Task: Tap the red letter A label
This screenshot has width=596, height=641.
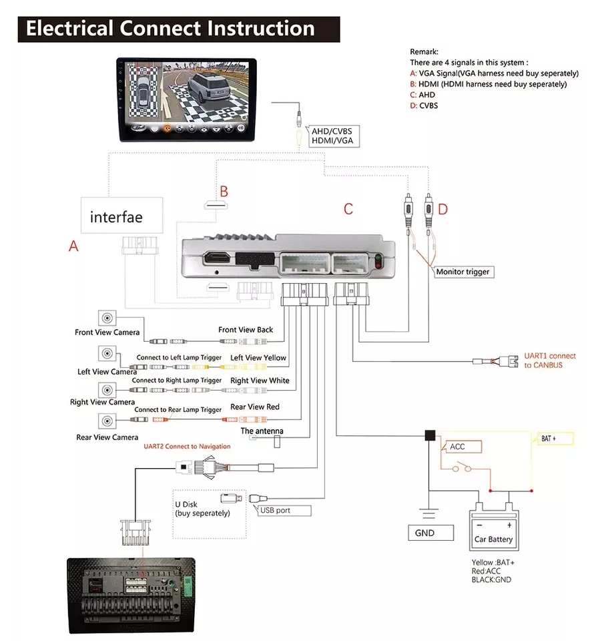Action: tap(73, 246)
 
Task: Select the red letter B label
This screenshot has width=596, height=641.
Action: tap(224, 192)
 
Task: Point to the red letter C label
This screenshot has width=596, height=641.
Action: tap(348, 209)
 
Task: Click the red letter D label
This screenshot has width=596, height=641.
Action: tap(442, 210)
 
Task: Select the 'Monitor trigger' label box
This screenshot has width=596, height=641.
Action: tap(463, 272)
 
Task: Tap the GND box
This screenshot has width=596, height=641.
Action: tap(424, 533)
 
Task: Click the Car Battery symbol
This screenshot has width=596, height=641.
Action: tap(494, 528)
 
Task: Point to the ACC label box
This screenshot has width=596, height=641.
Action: tap(457, 447)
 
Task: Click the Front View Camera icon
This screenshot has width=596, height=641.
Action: tap(107, 318)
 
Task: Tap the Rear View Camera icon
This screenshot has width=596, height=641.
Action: tap(107, 421)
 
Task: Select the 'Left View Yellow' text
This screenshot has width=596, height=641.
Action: tap(258, 358)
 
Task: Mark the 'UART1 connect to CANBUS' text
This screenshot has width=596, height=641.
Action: tap(549, 361)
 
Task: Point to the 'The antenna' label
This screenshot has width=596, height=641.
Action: tap(262, 431)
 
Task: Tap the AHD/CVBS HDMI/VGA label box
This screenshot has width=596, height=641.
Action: tap(331, 137)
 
